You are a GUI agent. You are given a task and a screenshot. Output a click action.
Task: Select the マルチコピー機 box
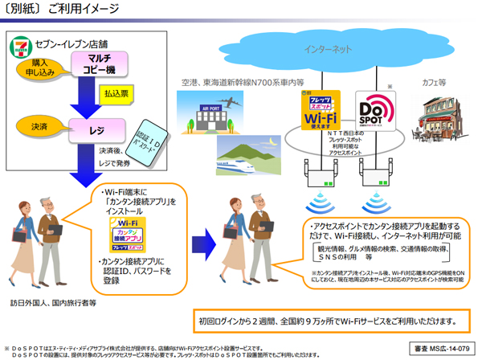pos(99,66)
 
